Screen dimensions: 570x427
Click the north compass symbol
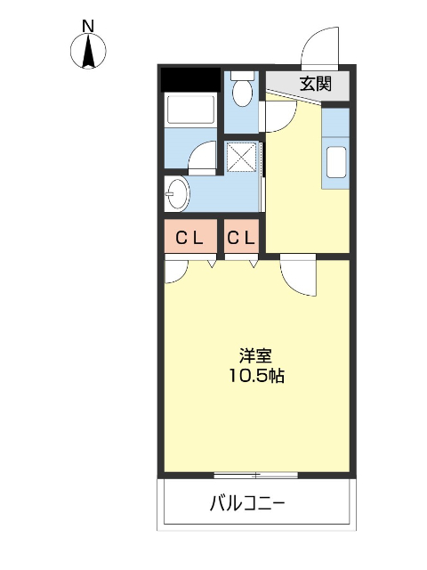89,53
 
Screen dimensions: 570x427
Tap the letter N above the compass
89,27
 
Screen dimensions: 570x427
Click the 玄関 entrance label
315,85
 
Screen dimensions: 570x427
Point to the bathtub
190,111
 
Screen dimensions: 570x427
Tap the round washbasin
175,193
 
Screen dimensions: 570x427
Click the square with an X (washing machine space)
241,158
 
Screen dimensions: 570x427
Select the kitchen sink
336,163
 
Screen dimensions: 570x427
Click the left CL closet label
189,238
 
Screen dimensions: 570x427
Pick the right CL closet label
241,238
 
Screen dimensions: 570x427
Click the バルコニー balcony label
247,504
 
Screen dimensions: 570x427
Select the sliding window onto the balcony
255,473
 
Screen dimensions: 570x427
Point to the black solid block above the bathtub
189,80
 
